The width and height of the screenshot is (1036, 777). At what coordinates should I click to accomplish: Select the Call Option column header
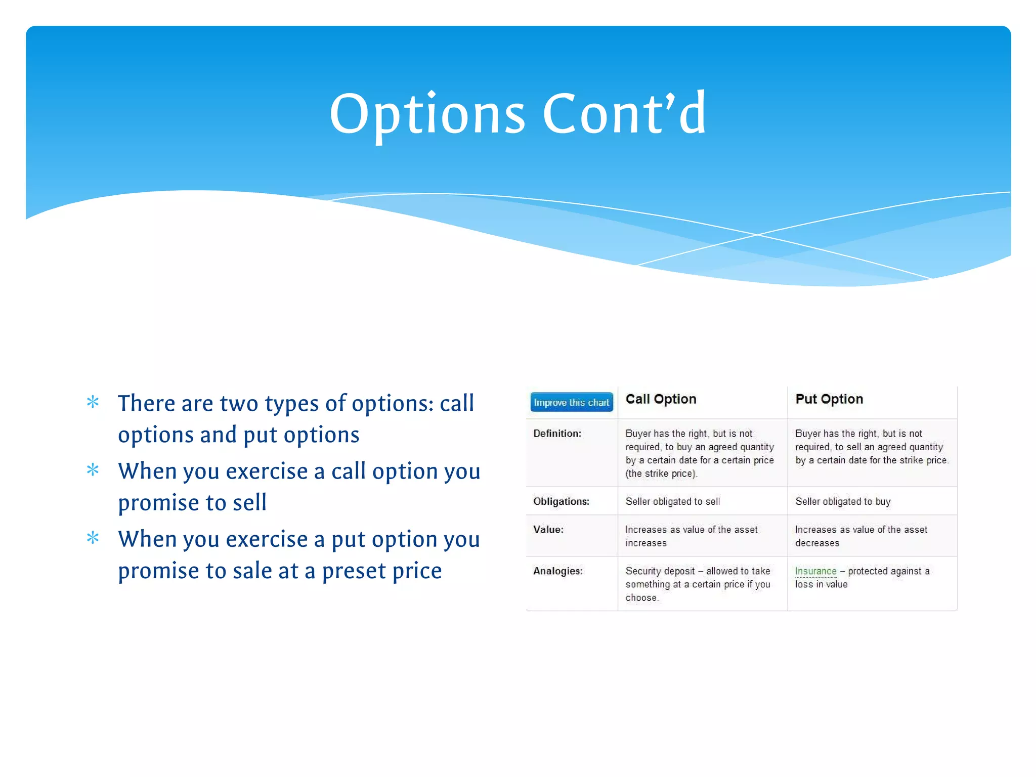tap(661, 399)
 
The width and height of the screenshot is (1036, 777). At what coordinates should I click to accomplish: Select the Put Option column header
tap(829, 399)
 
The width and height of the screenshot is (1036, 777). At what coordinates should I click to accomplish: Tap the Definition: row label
tap(557, 434)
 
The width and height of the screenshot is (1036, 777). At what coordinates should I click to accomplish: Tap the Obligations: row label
tap(561, 501)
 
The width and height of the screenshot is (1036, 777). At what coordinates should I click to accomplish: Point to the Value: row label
tap(548, 530)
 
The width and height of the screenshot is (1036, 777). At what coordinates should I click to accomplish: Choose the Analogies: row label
tap(558, 571)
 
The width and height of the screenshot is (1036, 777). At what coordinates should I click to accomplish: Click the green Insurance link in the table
tap(815, 571)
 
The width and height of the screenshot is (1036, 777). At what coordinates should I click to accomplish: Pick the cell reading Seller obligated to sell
tap(673, 501)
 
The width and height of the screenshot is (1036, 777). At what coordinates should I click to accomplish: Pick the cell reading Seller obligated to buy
tap(843, 501)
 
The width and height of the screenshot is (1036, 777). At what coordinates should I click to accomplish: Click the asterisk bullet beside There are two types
tap(93, 403)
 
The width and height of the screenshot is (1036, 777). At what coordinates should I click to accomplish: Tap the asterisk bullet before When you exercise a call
tap(93, 470)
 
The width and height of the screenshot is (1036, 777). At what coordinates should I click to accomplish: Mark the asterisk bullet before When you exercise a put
tap(93, 538)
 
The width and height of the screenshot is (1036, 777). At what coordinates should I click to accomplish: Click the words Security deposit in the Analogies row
tap(660, 571)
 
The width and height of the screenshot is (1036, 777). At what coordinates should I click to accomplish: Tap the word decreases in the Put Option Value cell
tap(817, 543)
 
